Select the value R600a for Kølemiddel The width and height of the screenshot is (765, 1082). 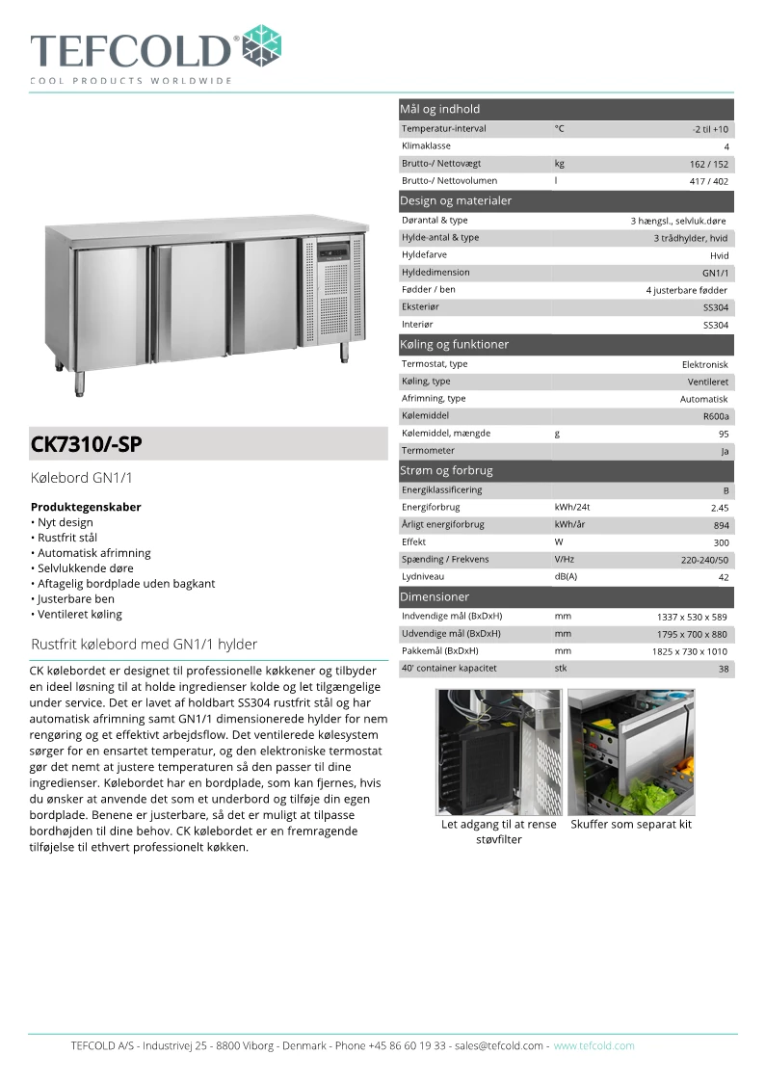(716, 416)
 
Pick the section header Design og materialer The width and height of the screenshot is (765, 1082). (456, 201)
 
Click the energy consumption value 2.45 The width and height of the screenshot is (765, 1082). (719, 508)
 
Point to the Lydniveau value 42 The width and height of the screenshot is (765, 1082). (723, 577)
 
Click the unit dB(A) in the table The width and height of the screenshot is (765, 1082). (566, 577)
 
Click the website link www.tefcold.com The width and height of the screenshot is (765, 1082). (594, 1045)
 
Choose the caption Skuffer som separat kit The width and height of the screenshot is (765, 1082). (630, 825)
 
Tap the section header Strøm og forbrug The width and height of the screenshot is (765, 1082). (446, 471)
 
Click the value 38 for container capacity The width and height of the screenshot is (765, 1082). (723, 669)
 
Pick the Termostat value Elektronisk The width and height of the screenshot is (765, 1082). (704, 364)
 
